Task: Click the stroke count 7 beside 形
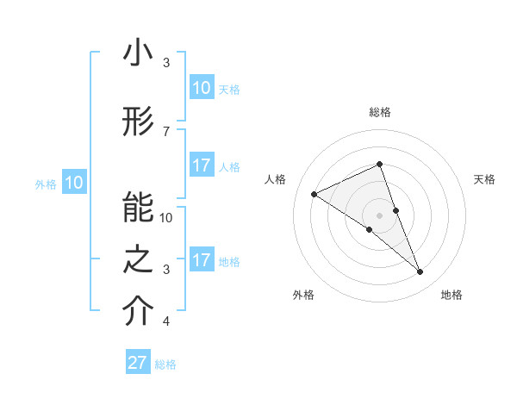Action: [x=165, y=131]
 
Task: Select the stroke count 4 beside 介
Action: [x=165, y=322]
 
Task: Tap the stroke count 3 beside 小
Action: [x=165, y=63]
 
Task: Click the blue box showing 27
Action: [x=138, y=363]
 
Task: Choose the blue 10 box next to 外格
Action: [x=74, y=183]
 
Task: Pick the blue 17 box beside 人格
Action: [x=202, y=166]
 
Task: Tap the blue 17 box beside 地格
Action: [x=202, y=260]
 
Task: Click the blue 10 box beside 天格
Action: [x=202, y=88]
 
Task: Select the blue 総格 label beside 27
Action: [x=166, y=364]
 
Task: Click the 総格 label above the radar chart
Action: [x=380, y=112]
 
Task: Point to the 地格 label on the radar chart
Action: [x=452, y=296]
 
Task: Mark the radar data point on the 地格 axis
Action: [x=420, y=272]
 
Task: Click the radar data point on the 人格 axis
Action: [x=315, y=194]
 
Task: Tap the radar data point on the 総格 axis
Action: [x=380, y=165]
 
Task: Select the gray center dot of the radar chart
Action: [x=380, y=215]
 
